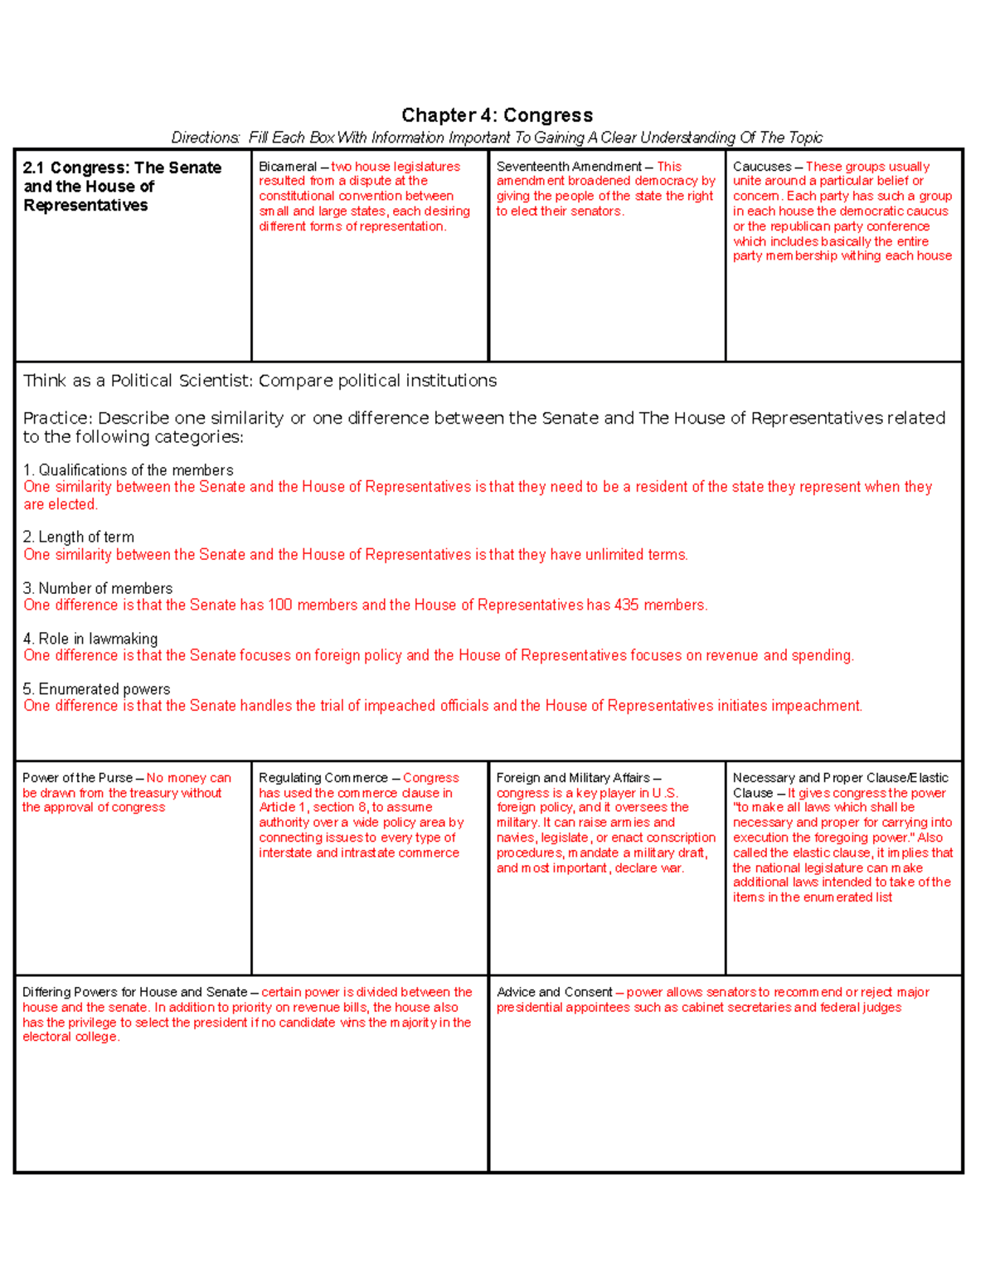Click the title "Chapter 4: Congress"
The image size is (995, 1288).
tap(497, 115)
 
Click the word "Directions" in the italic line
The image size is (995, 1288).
tap(204, 138)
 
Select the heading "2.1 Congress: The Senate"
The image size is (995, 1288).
tap(123, 168)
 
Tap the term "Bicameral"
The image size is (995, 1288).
tap(287, 167)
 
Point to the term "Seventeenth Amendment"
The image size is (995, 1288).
tap(568, 167)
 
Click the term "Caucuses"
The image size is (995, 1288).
tap(761, 167)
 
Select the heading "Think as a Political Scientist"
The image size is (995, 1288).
tap(138, 381)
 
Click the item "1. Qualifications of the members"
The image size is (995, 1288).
tap(128, 470)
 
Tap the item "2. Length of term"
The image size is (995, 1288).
tap(79, 537)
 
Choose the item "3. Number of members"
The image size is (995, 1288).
tap(98, 588)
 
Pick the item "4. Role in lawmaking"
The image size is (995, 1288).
tap(90, 639)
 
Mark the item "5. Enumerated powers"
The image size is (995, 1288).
tap(96, 689)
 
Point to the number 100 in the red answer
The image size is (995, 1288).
tap(280, 605)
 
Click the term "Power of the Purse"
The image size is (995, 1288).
tap(77, 778)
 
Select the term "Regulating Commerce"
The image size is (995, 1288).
tap(323, 778)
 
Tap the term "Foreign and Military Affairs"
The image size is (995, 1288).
tap(572, 778)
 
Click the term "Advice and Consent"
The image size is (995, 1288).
tap(554, 992)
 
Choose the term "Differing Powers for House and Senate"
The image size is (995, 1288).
tap(134, 992)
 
